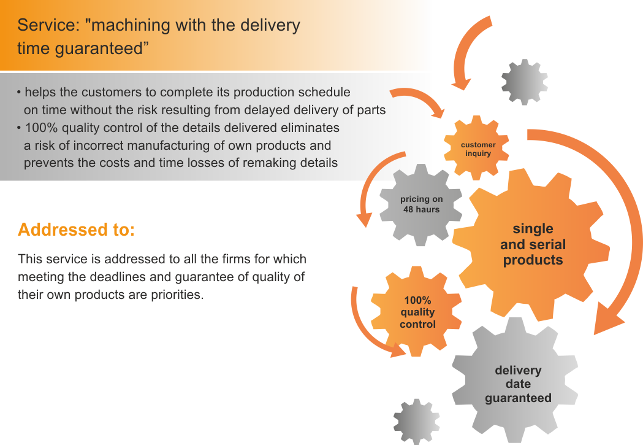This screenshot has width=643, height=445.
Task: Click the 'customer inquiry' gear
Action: [478, 149]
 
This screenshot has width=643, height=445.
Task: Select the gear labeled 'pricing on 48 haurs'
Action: [421, 204]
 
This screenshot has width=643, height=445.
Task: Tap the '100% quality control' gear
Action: [417, 312]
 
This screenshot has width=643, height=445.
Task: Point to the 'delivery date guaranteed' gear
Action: [518, 384]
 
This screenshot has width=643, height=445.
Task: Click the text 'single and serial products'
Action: [533, 244]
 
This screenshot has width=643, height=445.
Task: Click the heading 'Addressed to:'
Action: [76, 230]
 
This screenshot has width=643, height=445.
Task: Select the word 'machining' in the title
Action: [129, 25]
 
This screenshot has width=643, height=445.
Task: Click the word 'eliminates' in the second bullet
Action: [310, 128]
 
